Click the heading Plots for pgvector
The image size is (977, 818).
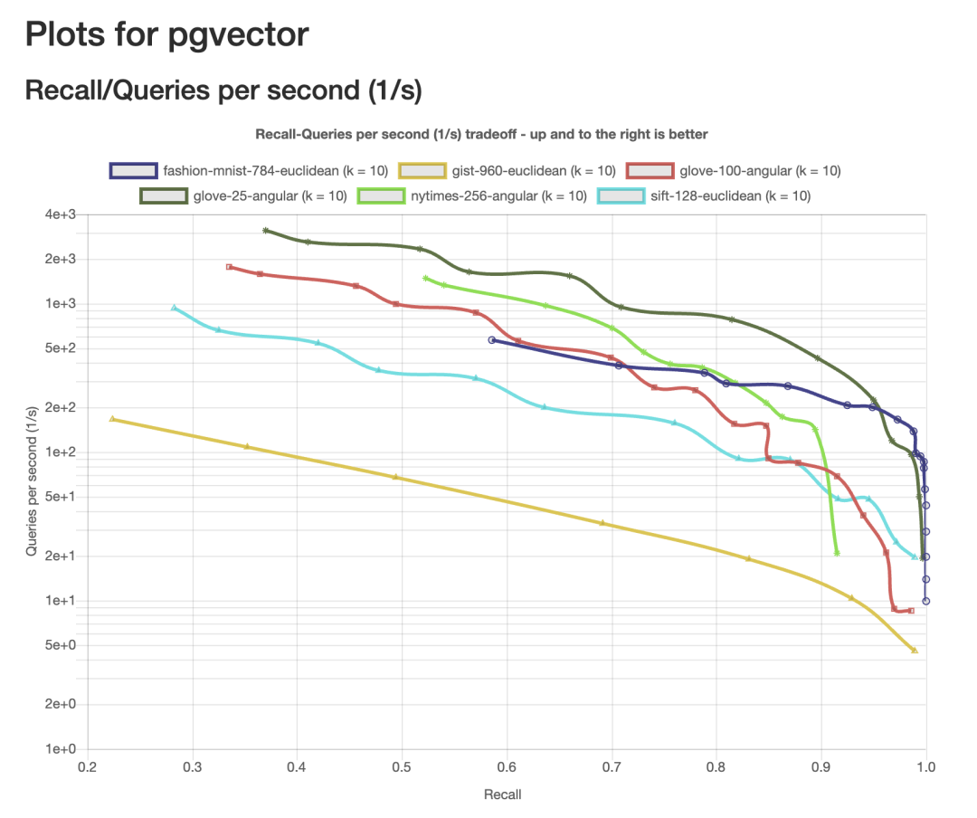point(167,35)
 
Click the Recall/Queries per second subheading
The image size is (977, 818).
point(223,90)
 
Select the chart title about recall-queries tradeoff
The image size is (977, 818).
point(481,134)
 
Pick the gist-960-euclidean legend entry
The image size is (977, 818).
point(508,171)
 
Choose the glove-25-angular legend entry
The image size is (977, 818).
point(244,195)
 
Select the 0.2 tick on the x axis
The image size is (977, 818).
point(87,766)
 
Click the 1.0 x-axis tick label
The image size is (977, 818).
point(925,766)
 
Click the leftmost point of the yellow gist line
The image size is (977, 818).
point(112,419)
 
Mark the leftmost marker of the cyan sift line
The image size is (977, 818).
point(175,308)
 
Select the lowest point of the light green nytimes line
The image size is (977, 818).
point(837,552)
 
